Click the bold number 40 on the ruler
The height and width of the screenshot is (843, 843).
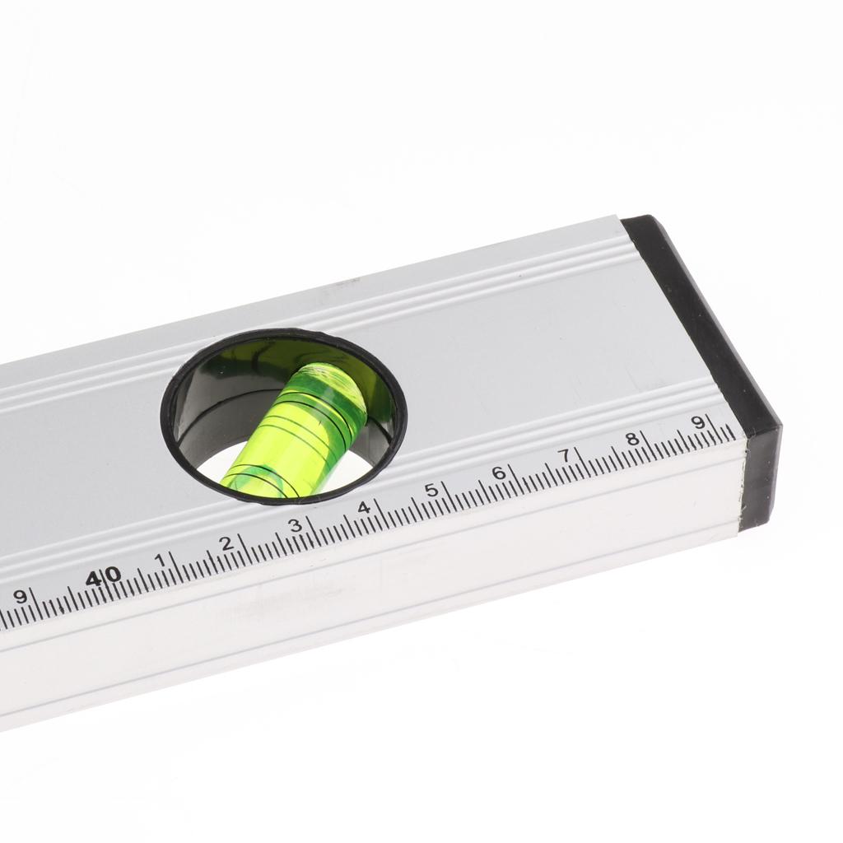pos(104,577)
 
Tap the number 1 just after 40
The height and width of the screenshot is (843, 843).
pos(160,560)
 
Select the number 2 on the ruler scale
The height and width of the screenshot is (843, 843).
pos(227,543)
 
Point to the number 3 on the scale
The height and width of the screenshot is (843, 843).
pos(296,525)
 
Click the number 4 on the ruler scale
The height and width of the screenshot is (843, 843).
pos(365,507)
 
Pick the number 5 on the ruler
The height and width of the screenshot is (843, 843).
pos(431,491)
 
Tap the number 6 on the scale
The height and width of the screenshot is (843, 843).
pos(499,473)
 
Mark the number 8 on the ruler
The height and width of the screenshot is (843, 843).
pos(633,440)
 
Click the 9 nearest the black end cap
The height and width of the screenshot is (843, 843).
pos(698,422)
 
